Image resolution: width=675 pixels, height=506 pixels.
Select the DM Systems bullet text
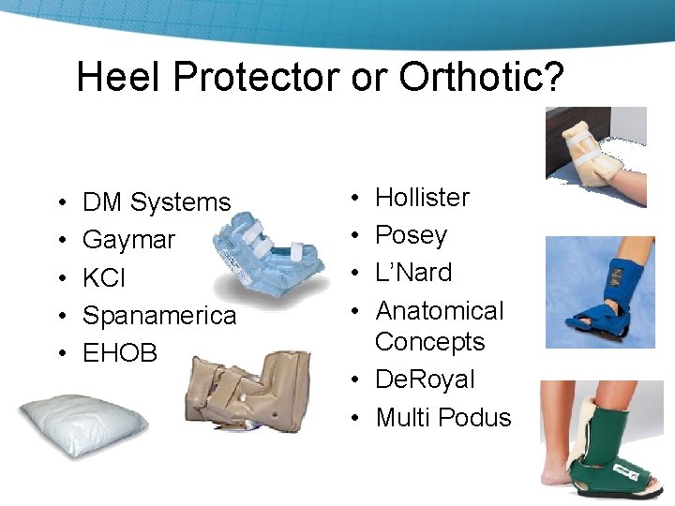coord(157,202)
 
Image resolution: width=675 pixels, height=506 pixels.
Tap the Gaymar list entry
coord(128,240)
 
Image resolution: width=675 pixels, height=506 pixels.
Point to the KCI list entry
coord(104,278)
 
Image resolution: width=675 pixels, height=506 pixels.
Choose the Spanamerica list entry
coord(159,316)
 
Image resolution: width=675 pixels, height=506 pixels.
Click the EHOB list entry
coord(120,353)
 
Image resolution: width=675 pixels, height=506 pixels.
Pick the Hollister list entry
coord(422,198)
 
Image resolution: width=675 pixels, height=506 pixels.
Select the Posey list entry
coord(411,235)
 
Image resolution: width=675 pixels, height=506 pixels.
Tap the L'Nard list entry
coord(413,273)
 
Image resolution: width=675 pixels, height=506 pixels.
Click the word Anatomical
coord(440,311)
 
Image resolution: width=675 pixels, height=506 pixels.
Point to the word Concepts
coord(429,342)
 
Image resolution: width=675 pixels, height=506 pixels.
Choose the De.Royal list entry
coord(425,379)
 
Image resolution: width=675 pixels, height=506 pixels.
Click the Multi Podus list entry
coord(443,418)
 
